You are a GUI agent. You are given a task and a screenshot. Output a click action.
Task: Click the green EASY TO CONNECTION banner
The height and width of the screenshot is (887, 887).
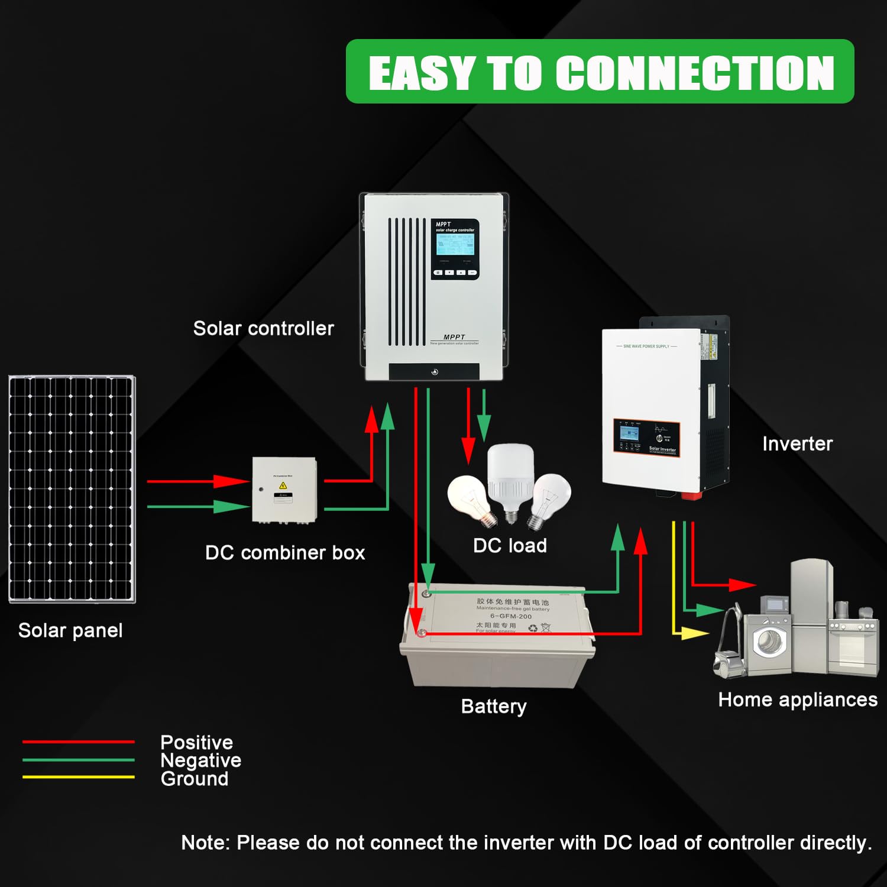600,72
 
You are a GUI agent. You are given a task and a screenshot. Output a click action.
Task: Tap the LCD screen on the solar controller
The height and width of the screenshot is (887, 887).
455,244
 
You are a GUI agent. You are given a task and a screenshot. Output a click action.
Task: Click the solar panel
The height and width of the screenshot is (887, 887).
72,489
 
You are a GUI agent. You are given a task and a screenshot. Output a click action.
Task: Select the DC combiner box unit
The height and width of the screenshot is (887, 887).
284,490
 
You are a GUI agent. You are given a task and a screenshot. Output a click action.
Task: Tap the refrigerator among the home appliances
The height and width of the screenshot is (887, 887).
811,615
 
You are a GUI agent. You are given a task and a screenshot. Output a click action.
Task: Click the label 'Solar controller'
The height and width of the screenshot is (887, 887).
263,328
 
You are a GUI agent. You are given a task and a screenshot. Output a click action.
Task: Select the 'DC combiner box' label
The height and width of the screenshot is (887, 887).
285,552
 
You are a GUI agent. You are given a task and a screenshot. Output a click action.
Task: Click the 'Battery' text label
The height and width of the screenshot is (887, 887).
494,706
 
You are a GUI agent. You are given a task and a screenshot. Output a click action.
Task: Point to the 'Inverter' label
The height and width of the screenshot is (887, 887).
797,444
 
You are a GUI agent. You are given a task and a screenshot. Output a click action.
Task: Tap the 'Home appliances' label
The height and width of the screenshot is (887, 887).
798,700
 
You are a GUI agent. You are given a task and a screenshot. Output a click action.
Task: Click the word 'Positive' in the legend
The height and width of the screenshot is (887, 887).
196,742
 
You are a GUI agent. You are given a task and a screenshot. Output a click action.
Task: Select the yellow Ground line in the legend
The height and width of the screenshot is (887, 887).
79,777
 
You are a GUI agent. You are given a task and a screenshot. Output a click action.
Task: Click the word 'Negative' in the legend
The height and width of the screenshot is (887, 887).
200,760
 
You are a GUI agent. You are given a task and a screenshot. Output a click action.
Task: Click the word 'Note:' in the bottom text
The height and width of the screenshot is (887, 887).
205,843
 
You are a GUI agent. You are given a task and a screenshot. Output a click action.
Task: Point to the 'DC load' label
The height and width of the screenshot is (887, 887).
510,545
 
